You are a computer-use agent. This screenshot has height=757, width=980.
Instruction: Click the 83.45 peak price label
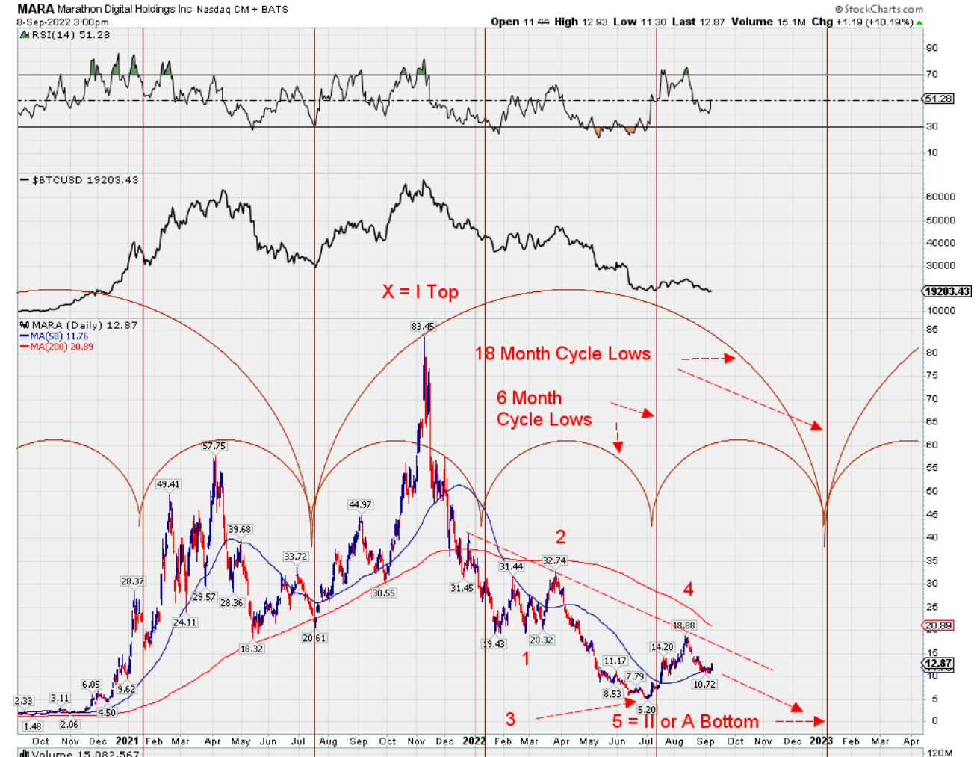(422, 326)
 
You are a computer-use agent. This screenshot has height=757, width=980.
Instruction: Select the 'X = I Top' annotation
(421, 292)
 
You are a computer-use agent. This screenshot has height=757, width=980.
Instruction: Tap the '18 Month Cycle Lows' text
(562, 353)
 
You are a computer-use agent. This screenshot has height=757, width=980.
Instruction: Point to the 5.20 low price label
(646, 709)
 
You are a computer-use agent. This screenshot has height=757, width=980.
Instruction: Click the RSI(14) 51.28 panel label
(70, 35)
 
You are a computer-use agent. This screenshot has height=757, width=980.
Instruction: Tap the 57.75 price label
(214, 446)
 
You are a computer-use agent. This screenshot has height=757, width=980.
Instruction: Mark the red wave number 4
(688, 590)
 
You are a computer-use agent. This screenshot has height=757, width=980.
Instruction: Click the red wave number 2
(560, 537)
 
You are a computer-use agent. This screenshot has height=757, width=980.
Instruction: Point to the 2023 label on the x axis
(820, 741)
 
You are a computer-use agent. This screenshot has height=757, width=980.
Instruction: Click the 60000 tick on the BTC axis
(940, 197)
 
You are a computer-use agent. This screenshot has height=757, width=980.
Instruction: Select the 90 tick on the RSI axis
(931, 48)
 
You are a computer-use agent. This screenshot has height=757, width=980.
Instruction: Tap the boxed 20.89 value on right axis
(938, 625)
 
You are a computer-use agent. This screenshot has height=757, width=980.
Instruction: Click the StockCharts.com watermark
(878, 9)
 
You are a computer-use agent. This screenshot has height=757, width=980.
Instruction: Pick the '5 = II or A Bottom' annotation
(685, 721)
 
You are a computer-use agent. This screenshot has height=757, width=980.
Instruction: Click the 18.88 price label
(683, 625)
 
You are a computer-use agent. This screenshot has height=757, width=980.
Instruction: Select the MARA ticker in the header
(35, 9)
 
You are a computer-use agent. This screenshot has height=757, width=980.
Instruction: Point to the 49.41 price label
(168, 484)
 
